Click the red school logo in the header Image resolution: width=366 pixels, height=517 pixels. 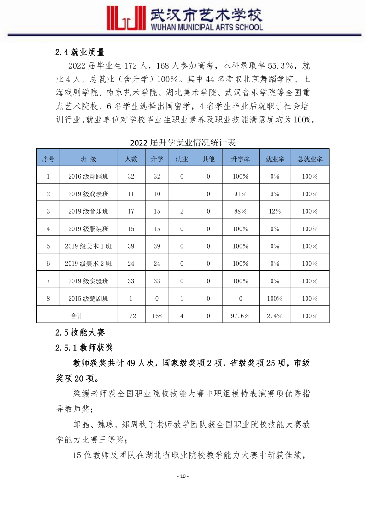tap(123, 18)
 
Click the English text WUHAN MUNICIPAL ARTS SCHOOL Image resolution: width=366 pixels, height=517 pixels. tap(207, 27)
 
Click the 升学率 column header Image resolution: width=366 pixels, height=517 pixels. tap(241, 159)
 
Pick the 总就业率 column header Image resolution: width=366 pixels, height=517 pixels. tap(310, 159)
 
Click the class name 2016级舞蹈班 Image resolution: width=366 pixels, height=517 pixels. tap(88, 176)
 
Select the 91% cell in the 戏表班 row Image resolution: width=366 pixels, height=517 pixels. tap(241, 194)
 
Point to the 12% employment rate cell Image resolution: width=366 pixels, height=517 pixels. tap(275, 211)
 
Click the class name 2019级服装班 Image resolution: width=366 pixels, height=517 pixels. tap(88, 229)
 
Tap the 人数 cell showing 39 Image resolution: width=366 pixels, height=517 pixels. tap(131, 246)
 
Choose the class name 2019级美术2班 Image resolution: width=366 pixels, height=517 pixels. tap(88, 264)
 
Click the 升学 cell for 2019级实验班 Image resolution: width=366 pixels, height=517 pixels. tap(157, 281)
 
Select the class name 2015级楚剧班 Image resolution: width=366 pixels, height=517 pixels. tap(88, 298)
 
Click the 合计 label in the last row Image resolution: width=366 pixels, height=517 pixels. tap(77, 316)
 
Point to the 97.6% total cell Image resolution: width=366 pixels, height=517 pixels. tap(241, 316)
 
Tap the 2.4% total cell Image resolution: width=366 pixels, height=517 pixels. tap(275, 316)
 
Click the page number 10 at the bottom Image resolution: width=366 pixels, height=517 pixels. tap(183, 476)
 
